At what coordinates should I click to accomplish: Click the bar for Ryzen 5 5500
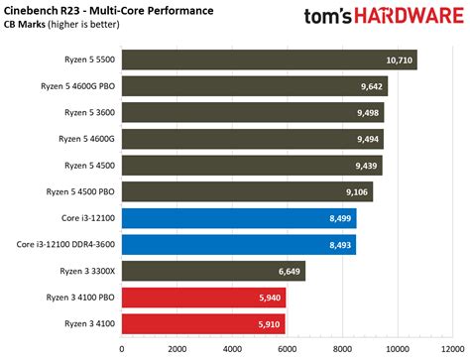pyautogui.click(x=268, y=60)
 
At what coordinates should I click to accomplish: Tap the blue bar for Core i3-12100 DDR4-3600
pyautogui.click(x=238, y=244)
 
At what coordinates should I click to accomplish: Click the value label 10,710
pyautogui.click(x=399, y=60)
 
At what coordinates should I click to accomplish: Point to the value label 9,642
pyautogui.click(x=371, y=87)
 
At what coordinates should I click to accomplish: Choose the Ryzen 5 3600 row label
pyautogui.click(x=87, y=113)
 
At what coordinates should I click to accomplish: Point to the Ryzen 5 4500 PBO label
pyautogui.click(x=78, y=191)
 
